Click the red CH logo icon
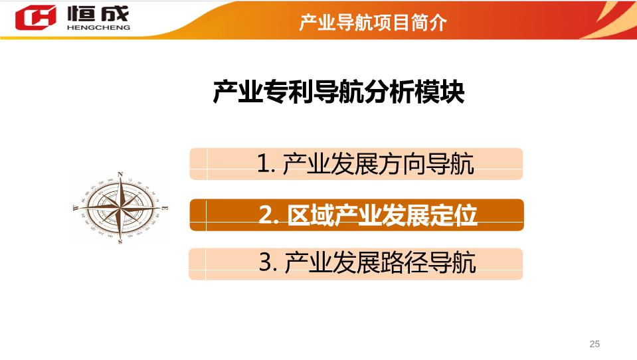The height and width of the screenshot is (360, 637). coord(35,17)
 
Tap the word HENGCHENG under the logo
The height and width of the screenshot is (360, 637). coord(98,28)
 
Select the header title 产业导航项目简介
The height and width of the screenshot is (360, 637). coord(373,23)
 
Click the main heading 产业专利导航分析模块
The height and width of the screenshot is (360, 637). coord(338,92)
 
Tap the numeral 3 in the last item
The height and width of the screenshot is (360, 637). coord(265,262)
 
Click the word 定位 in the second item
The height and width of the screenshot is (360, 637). coord(454,215)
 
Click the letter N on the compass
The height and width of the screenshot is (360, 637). coord(120,174)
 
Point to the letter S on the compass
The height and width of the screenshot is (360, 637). coord(120,242)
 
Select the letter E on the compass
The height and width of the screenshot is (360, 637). coord(165,209)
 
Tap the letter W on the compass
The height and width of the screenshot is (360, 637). coord(75,209)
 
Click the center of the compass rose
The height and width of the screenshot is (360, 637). coord(120,208)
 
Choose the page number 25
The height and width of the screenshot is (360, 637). coord(594,344)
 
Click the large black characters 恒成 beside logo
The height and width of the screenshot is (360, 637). coord(98,13)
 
